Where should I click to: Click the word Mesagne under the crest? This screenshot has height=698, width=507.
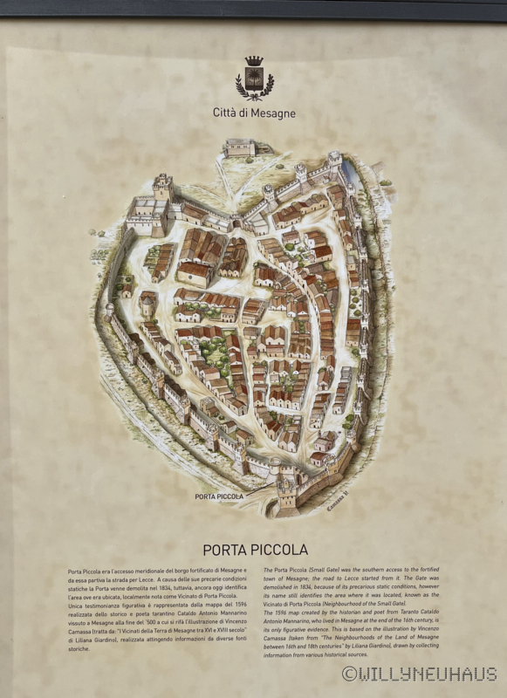click(271, 113)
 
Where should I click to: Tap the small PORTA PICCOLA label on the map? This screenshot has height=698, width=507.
click(218, 496)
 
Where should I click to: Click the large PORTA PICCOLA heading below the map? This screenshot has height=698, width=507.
click(255, 550)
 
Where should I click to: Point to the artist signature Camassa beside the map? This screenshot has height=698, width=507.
click(337, 502)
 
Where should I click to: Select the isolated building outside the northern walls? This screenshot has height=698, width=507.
click(239, 147)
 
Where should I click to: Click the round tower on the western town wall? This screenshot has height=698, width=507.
click(110, 310)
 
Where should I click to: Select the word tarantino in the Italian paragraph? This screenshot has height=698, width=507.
click(162, 622)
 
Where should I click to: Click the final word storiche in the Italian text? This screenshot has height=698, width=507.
click(79, 648)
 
